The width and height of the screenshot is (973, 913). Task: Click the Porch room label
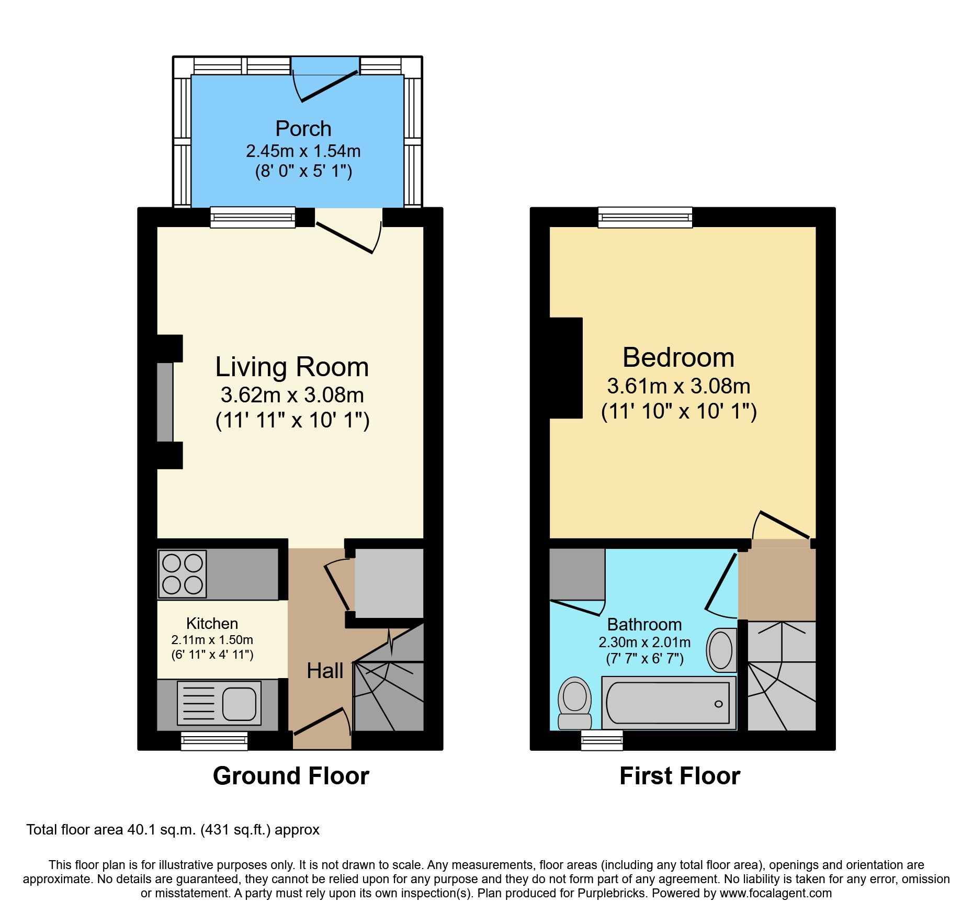point(303,129)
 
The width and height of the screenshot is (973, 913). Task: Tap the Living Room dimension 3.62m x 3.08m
point(292,395)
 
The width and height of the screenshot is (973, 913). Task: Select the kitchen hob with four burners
point(183,574)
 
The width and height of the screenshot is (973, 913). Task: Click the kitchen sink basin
point(240,703)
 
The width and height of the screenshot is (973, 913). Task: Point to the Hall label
point(325,671)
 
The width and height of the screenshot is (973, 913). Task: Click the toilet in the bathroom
point(575,702)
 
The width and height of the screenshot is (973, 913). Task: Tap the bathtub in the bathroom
point(668,703)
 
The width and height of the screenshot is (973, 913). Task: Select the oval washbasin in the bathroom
point(721,650)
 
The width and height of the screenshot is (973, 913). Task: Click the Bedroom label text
point(678,357)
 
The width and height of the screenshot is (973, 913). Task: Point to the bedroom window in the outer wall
point(645,217)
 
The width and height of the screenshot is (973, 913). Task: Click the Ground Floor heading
point(291,775)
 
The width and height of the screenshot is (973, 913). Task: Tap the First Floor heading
point(680,775)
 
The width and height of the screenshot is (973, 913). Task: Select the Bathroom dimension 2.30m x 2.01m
point(644,642)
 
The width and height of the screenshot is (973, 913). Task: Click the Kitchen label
point(212,623)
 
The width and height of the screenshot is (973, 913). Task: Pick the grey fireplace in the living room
point(165,402)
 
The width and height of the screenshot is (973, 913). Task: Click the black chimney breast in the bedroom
point(566,367)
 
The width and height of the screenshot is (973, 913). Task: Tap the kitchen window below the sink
point(214,741)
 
